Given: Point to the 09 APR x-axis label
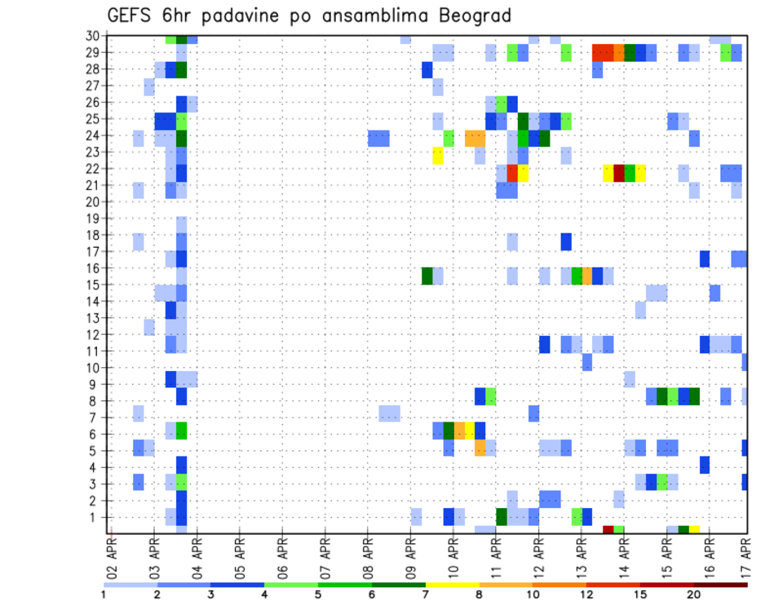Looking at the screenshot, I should (x=410, y=556).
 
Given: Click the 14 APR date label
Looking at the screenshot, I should (x=624, y=556).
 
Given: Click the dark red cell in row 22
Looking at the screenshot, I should (x=619, y=173).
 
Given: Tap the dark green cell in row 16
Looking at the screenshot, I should (x=427, y=276).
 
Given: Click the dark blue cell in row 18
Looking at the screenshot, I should (x=566, y=242).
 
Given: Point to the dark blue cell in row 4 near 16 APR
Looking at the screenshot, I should (x=705, y=465).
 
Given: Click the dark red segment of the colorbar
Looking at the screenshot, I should (x=720, y=585).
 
